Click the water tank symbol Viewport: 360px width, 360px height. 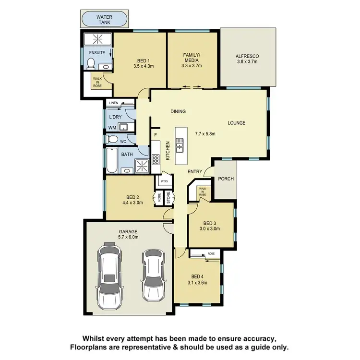(x=105, y=20)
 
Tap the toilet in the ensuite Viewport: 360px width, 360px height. (x=91, y=63)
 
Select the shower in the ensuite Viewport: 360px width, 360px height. (x=97, y=39)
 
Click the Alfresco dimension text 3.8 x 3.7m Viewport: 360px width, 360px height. (x=247, y=62)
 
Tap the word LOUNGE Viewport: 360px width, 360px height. (x=236, y=123)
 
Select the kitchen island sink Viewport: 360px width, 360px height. (x=180, y=144)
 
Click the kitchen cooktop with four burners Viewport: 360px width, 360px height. (x=156, y=159)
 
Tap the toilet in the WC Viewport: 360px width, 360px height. (x=112, y=140)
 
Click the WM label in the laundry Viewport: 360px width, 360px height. (x=112, y=128)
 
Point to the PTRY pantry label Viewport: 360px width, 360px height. (x=164, y=181)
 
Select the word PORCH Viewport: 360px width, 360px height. (x=226, y=179)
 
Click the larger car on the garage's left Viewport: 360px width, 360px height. (x=109, y=276)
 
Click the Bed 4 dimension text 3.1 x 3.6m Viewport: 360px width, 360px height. (x=198, y=282)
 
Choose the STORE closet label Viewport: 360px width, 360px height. (x=168, y=198)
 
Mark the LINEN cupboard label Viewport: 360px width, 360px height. (x=113, y=103)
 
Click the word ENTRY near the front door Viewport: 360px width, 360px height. (x=195, y=171)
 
